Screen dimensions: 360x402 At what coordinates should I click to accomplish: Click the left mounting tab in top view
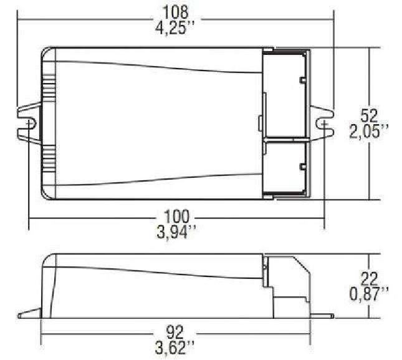point(28,122)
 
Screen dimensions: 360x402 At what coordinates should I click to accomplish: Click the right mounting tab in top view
point(324,122)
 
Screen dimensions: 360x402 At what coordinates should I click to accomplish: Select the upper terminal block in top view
point(285,94)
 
